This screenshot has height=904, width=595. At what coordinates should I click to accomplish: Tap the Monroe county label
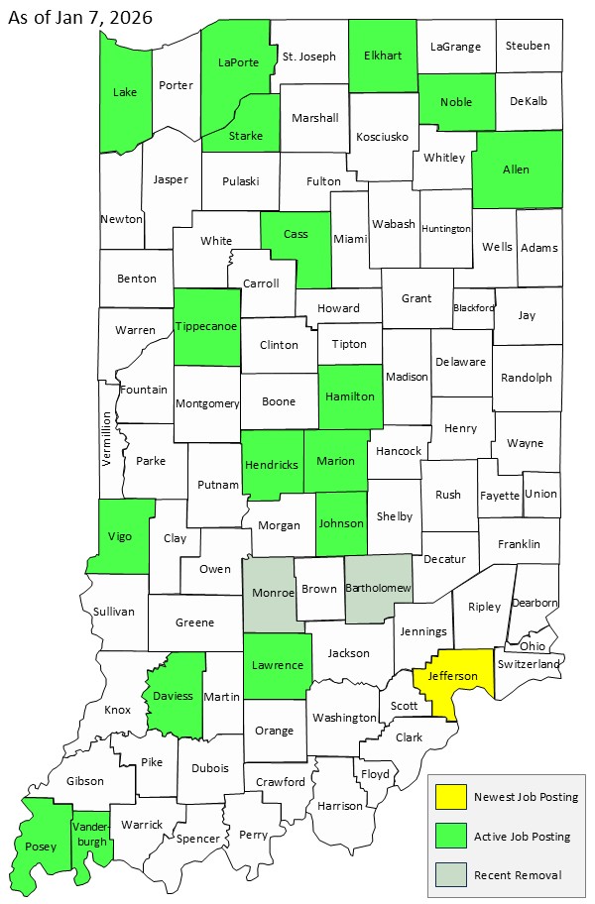274,592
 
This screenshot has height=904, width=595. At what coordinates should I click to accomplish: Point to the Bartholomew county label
378,589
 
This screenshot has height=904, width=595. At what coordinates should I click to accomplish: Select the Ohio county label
532,645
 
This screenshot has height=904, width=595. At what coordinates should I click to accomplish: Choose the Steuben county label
528,46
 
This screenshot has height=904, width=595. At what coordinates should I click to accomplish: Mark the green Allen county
516,169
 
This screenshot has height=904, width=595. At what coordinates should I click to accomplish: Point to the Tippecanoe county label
206,327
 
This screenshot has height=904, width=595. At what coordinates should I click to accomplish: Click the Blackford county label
473,307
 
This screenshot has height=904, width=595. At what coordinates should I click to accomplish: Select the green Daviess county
174,697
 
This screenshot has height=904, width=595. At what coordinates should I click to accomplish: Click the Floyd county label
375,773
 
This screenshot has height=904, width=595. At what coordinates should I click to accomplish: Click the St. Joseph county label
309,56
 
